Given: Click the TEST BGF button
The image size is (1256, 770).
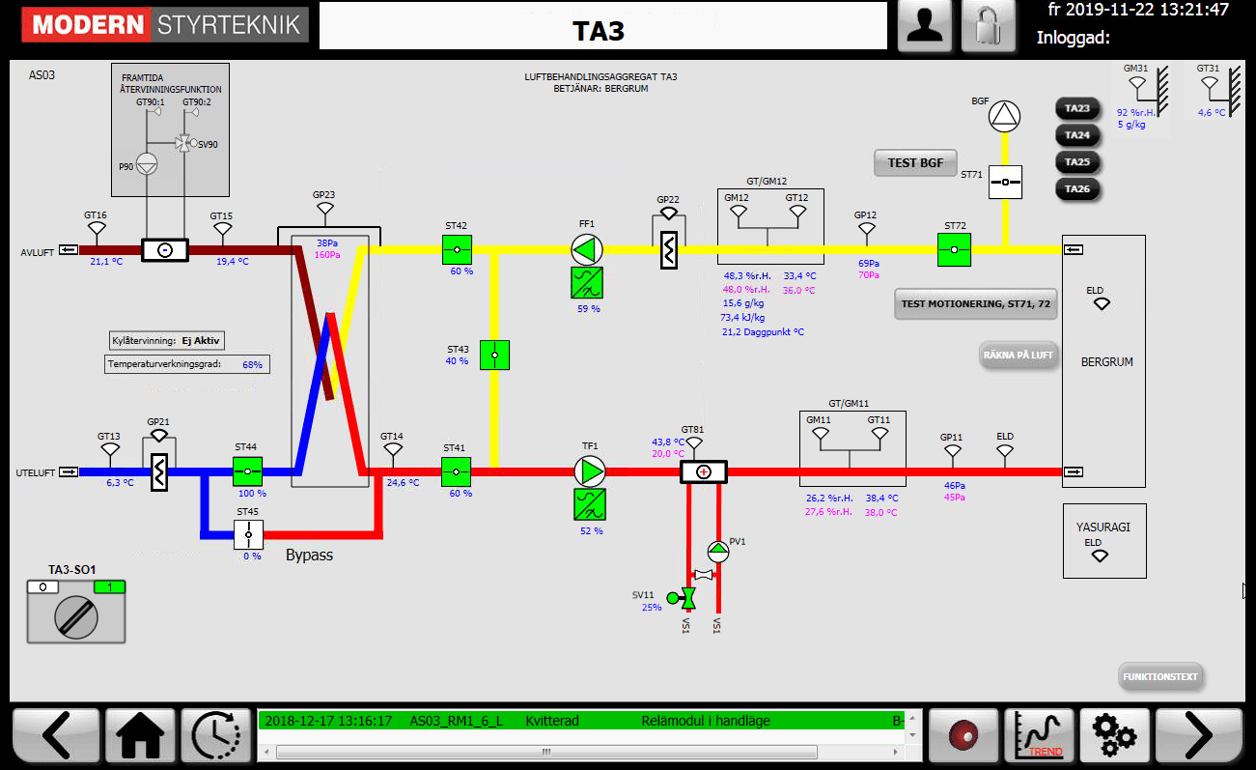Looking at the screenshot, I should point(915,162).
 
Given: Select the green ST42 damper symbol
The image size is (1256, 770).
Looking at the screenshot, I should point(457,250).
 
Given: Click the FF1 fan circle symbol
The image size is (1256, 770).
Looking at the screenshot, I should point(587,250).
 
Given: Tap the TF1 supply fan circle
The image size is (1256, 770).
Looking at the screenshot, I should point(590,472).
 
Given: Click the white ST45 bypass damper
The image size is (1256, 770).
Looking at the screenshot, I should point(248,533).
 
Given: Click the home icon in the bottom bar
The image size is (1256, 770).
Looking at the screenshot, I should point(141,736).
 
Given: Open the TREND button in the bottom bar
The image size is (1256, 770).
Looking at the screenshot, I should point(1040,736).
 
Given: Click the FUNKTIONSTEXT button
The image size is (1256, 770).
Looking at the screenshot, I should point(1161,676).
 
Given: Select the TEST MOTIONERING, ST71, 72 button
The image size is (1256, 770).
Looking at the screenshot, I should point(975,303).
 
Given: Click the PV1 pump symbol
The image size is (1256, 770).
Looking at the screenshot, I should point(718,552).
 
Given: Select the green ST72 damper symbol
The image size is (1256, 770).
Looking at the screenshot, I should point(954,249).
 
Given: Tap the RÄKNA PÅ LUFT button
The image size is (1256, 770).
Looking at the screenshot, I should point(1019,355).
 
